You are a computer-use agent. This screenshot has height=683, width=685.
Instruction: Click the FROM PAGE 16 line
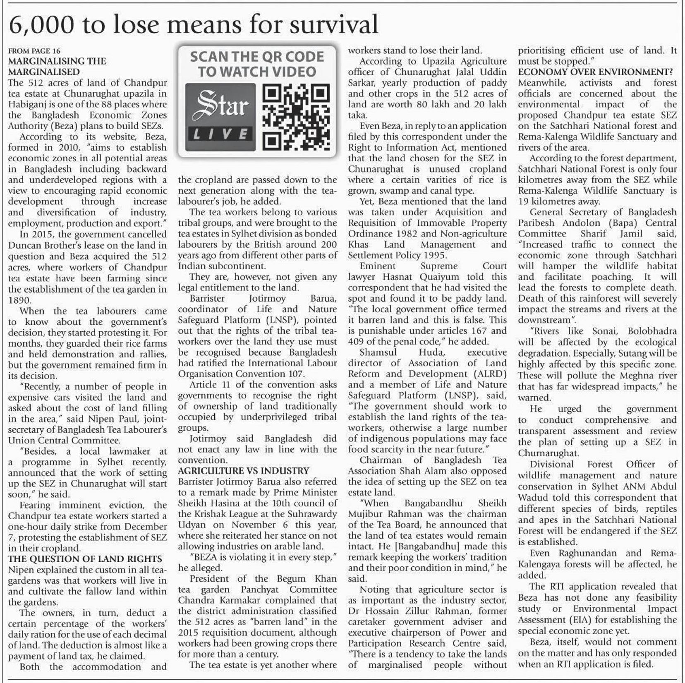point(34,51)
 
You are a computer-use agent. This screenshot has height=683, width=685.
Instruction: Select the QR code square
point(297,117)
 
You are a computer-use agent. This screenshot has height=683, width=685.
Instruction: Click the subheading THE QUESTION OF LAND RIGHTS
point(85,559)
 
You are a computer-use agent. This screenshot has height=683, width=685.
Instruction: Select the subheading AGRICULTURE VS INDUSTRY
point(244,471)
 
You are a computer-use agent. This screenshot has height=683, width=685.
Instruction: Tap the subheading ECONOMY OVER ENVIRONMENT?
point(595,72)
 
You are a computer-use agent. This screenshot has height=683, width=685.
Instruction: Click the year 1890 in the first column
point(19,300)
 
